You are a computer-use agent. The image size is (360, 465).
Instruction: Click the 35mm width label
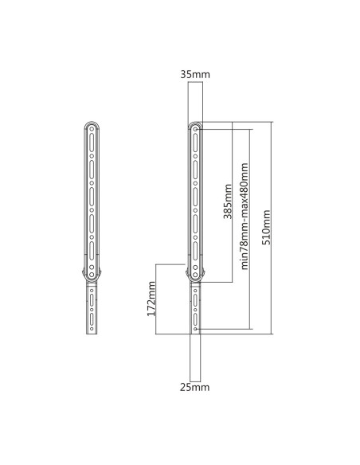tap(195, 74)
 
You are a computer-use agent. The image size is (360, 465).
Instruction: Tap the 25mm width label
tap(195, 387)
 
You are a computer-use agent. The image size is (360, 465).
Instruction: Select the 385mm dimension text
tap(229, 201)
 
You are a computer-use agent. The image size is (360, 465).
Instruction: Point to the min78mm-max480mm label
tap(245, 217)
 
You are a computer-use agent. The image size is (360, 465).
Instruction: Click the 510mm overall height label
tap(266, 228)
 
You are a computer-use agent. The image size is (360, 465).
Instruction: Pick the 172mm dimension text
tap(152, 299)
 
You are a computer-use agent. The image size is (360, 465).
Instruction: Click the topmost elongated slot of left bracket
tap(94, 142)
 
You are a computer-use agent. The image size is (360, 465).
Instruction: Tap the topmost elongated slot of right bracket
tap(195, 142)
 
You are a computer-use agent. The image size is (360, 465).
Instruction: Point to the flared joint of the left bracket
tap(94, 275)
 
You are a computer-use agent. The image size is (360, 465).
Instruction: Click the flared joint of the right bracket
tap(195, 275)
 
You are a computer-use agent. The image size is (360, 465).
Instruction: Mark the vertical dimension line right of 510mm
tap(272, 228)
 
